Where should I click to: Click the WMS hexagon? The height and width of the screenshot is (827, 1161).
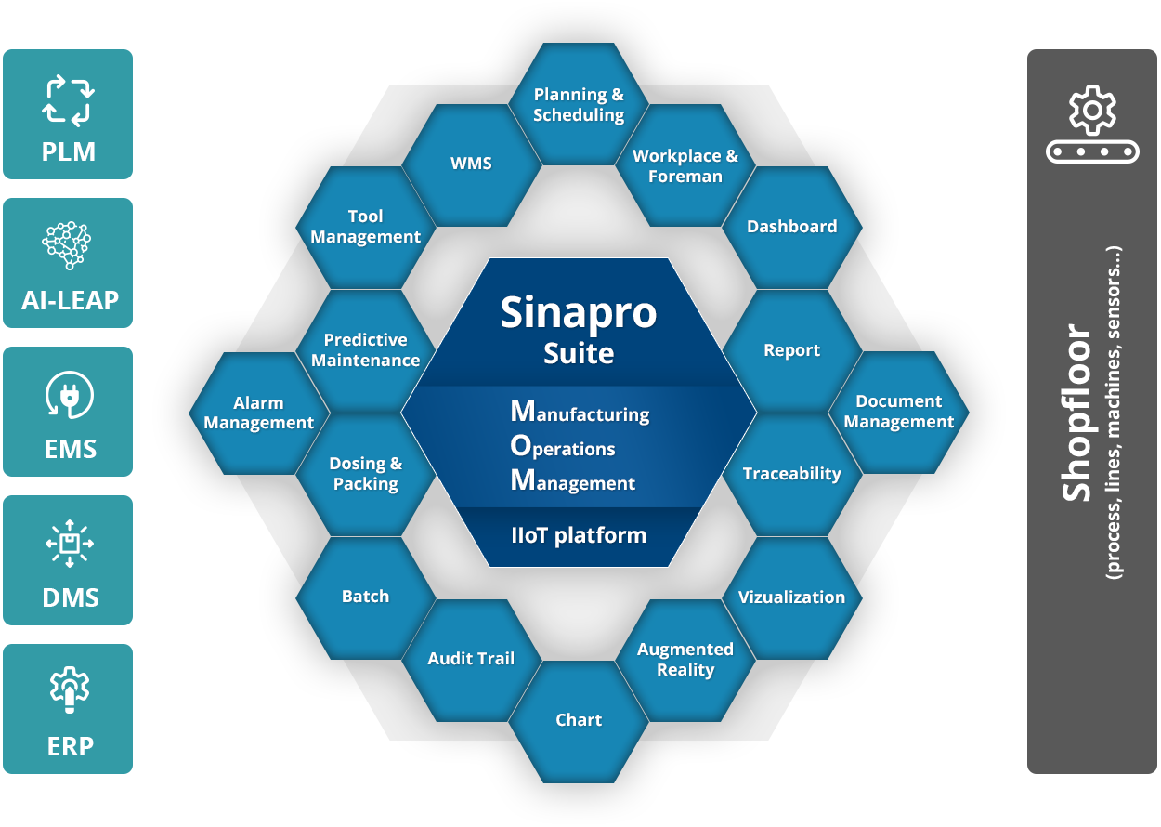tap(471, 164)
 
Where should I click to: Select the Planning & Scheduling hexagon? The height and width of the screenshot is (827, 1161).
tap(579, 105)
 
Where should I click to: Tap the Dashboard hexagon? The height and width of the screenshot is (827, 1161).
tap(791, 227)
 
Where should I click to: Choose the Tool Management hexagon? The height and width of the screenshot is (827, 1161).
tap(365, 227)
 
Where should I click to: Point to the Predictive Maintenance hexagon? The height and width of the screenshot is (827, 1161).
tap(365, 350)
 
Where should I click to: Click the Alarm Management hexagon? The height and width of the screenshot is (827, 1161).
tap(258, 413)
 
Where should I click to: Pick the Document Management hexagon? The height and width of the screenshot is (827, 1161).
tap(898, 412)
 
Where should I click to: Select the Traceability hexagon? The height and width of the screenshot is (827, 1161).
tap(791, 474)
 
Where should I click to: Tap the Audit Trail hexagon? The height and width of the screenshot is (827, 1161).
tap(471, 659)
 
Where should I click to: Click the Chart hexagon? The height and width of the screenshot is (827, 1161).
tap(579, 720)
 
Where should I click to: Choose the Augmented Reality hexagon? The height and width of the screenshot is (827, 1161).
tap(685, 659)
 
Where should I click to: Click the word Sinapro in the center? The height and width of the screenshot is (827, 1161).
tap(579, 313)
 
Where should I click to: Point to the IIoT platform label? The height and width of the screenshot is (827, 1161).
tap(579, 536)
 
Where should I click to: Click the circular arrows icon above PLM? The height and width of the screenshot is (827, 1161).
tap(68, 101)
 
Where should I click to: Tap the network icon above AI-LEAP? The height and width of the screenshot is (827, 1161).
tap(68, 246)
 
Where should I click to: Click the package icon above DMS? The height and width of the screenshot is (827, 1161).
tap(68, 544)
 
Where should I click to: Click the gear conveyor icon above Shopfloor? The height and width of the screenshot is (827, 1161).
tap(1091, 126)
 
